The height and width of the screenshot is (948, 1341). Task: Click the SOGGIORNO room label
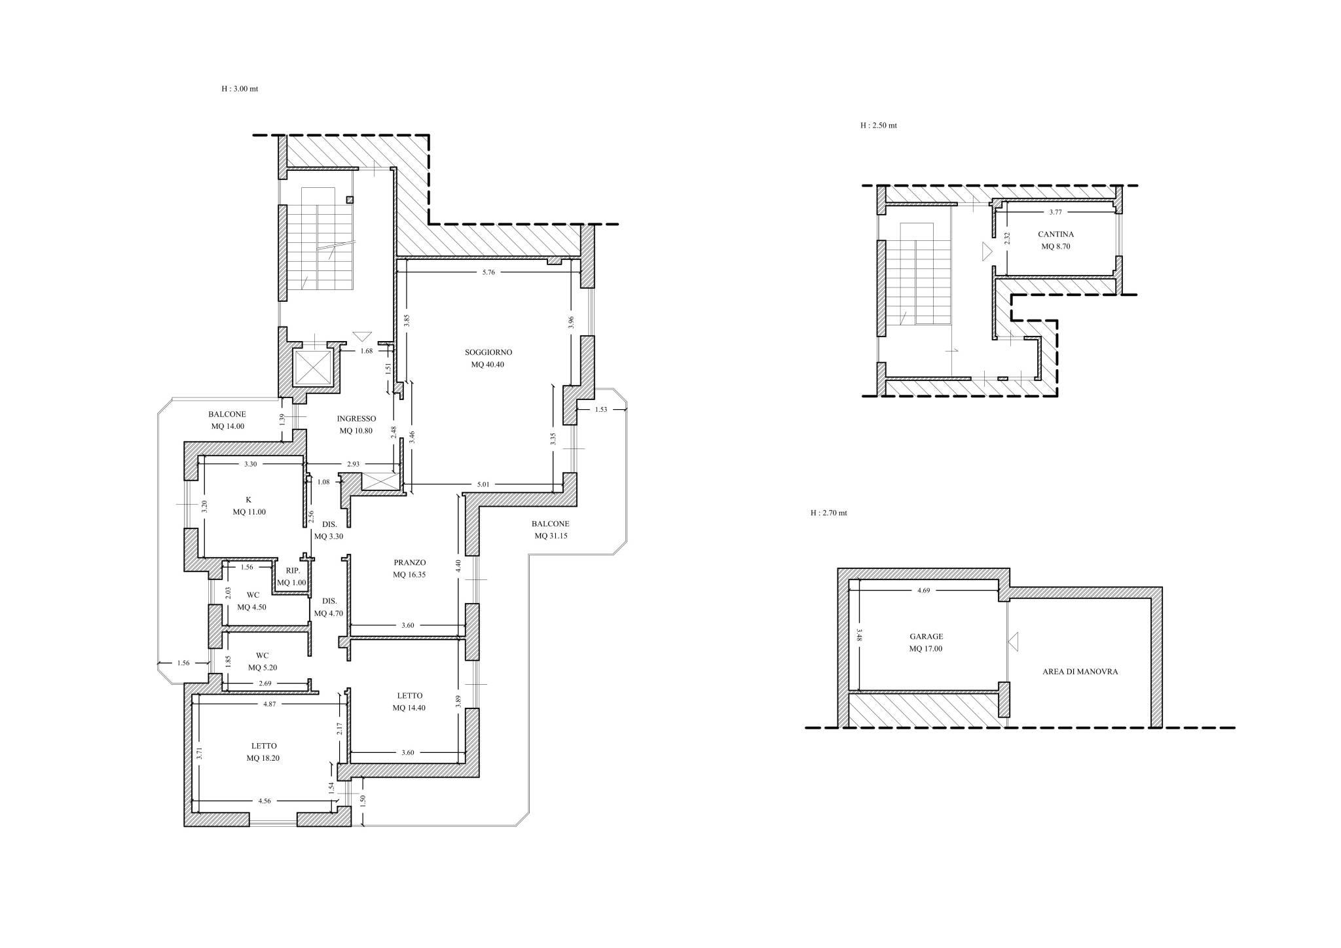(x=488, y=352)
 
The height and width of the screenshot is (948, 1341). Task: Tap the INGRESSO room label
(x=356, y=419)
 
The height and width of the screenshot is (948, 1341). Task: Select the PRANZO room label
(x=410, y=562)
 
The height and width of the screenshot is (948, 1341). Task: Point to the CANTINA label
(x=1056, y=234)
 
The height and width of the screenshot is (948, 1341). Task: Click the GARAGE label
(x=926, y=636)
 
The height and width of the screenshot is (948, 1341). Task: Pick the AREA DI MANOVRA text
(x=1080, y=672)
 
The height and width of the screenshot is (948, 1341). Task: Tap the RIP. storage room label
(x=292, y=571)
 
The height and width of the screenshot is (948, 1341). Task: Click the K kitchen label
(x=248, y=500)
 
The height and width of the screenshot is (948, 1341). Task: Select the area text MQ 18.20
(x=263, y=758)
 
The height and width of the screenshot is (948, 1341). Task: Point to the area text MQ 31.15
(x=551, y=536)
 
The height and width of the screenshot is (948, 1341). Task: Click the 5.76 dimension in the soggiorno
(x=488, y=272)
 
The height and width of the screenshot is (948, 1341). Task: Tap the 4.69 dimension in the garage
(x=923, y=591)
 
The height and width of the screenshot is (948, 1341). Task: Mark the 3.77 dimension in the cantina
(x=1055, y=212)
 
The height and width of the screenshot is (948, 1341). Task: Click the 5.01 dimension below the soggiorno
(x=483, y=484)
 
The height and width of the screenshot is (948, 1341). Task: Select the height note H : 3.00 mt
(x=240, y=88)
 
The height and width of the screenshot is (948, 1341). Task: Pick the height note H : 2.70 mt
(x=828, y=513)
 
